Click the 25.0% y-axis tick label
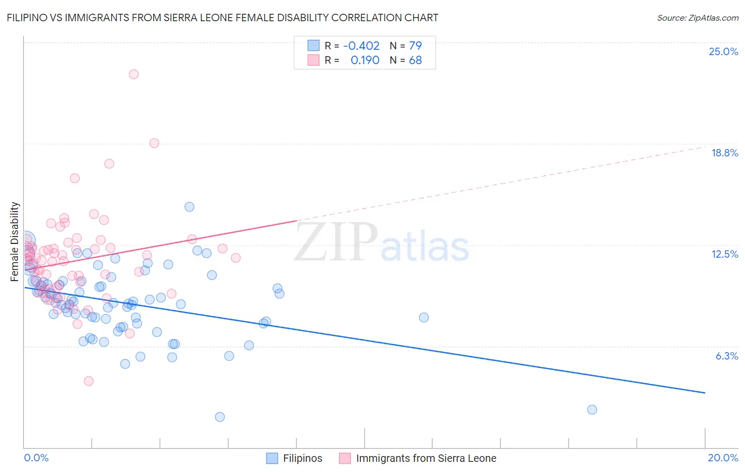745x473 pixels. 723,51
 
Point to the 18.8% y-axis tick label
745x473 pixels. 724,153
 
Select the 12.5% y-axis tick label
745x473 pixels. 724,254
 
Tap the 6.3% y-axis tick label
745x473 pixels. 726,356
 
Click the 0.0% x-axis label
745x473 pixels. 36,458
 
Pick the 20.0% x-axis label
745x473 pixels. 723,458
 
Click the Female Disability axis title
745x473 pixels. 15,241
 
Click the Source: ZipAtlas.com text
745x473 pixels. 697,17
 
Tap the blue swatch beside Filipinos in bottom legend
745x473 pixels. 272,458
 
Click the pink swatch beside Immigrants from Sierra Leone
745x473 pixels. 345,458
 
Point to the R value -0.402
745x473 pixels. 361,46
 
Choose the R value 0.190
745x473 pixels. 365,60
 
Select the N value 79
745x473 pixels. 415,46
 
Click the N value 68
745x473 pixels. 415,60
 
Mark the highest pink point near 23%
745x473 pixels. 134,74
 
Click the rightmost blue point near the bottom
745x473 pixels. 592,409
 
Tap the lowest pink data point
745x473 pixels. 88,381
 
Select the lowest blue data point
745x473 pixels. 220,417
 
